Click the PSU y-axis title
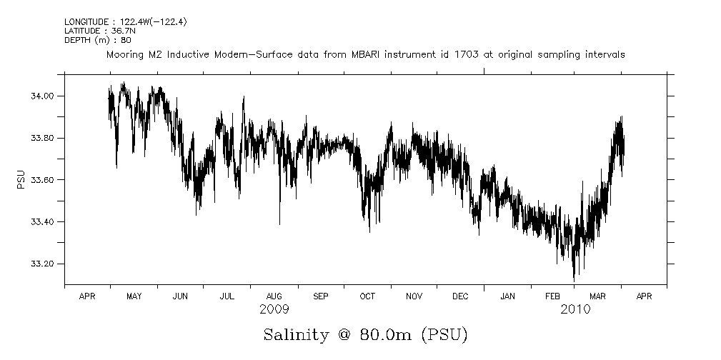point(21,179)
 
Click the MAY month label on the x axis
point(134,296)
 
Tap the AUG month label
point(274,296)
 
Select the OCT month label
point(367,296)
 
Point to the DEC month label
point(460,296)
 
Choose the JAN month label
point(507,296)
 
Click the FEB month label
point(553,296)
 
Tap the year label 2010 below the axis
point(575,309)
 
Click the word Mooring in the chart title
point(126,55)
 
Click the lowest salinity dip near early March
point(574,279)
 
